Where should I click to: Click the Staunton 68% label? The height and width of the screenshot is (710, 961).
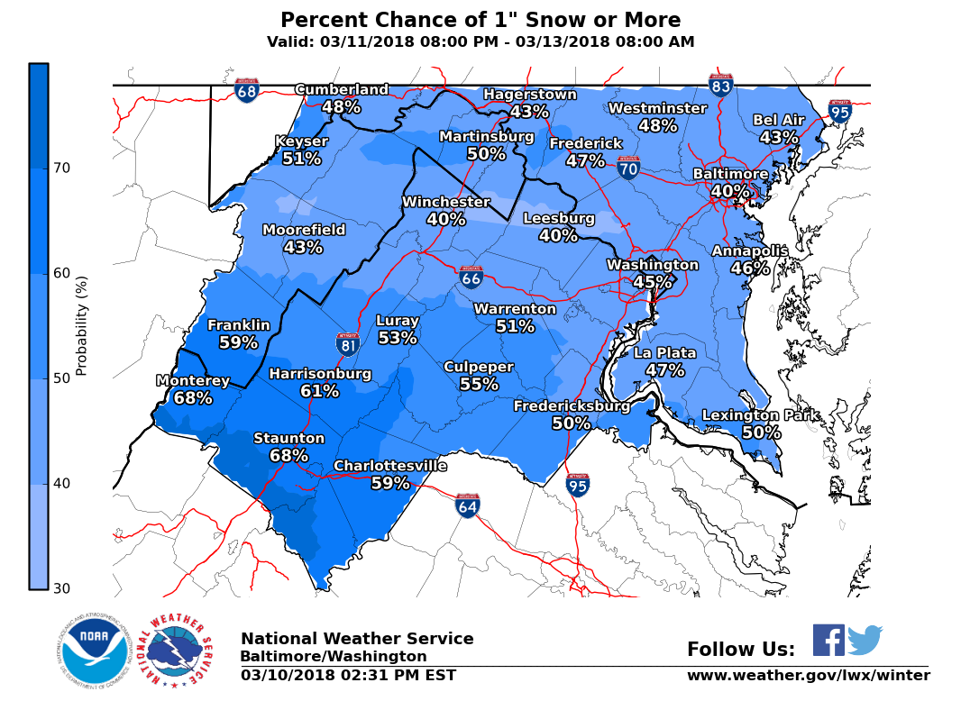click(288, 447)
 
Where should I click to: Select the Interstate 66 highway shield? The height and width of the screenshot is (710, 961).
click(471, 277)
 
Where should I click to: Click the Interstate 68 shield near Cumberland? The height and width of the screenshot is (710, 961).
click(246, 90)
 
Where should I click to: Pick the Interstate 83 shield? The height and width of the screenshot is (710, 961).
click(720, 85)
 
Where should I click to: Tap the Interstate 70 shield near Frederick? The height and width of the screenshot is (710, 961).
click(628, 167)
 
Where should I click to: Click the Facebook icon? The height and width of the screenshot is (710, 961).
click(828, 640)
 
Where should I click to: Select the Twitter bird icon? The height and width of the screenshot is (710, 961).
click(865, 640)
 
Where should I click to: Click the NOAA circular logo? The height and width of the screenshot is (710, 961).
click(95, 651)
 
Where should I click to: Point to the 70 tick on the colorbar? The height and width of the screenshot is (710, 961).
click(61, 168)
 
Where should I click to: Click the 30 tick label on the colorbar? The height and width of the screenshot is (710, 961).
click(61, 588)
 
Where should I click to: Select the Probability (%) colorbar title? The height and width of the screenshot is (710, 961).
click(81, 326)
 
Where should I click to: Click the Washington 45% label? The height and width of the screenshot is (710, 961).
click(652, 273)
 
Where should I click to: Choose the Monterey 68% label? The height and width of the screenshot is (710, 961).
click(193, 389)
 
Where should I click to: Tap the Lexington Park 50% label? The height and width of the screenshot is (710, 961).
click(761, 423)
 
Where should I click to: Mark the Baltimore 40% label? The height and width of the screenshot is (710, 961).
click(730, 182)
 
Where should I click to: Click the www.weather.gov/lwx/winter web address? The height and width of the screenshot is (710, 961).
click(808, 675)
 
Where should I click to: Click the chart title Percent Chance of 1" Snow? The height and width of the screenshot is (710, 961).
click(480, 21)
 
